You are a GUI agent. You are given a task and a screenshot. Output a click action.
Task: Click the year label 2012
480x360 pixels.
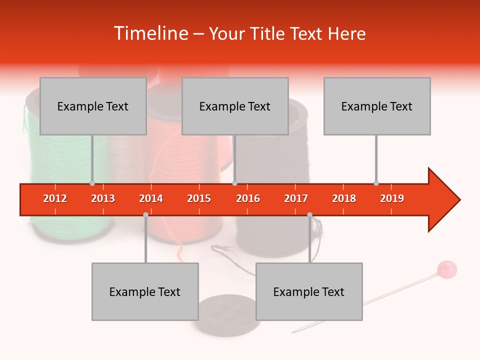(x=55, y=198)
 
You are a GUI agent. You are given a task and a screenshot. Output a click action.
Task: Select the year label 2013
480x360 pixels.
(x=103, y=198)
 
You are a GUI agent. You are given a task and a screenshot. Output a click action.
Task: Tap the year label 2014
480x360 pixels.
(x=151, y=198)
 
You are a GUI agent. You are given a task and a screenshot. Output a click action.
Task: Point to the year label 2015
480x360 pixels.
(x=199, y=198)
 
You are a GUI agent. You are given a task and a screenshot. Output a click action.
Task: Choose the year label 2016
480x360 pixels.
(x=248, y=198)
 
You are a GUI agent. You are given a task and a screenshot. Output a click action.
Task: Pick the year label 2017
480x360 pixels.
(x=296, y=198)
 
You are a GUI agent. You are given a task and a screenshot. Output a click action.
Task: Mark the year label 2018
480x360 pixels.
(x=344, y=198)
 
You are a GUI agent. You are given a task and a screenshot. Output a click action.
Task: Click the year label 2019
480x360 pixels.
(x=392, y=198)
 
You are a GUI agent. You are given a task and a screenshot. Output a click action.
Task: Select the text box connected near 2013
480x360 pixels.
(x=93, y=106)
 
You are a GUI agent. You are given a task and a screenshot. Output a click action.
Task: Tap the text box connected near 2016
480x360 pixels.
(x=235, y=106)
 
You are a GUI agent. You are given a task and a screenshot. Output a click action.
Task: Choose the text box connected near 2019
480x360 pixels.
(x=377, y=106)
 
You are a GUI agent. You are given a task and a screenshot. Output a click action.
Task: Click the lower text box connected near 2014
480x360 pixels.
(x=145, y=291)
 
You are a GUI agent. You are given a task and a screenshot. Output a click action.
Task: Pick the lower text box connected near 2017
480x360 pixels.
(x=309, y=291)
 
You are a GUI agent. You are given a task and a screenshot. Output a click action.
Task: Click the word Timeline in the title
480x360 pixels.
(x=150, y=33)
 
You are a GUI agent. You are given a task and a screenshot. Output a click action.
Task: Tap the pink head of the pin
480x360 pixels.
(x=446, y=269)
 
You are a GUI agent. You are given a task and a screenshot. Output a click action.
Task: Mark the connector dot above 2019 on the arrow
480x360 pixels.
(x=376, y=183)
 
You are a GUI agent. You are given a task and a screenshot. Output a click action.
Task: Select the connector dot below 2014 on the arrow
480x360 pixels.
(x=145, y=214)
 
